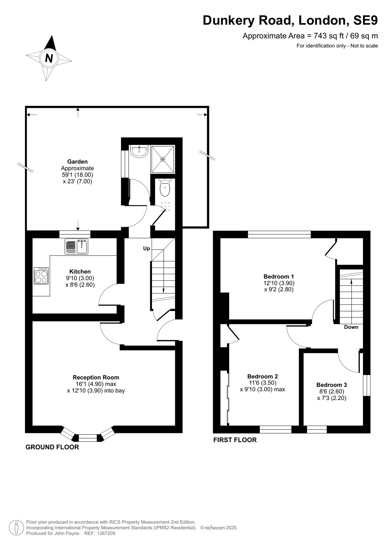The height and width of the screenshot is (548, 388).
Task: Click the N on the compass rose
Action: tap(49, 58)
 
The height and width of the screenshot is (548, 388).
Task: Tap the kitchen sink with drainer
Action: tap(77, 246)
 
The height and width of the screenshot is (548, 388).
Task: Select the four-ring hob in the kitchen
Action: tap(41, 276)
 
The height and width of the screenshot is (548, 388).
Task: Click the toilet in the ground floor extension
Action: tap(165, 187)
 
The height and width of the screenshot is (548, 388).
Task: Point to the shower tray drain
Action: tap(163, 159)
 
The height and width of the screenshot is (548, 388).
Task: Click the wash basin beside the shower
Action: tap(139, 151)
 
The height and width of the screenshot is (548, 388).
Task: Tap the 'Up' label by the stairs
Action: tap(146, 248)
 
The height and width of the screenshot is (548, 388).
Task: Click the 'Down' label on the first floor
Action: tap(351, 327)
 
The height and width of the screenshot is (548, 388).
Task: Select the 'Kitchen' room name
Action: tap(80, 271)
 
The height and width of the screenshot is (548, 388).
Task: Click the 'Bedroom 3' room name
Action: tap(332, 385)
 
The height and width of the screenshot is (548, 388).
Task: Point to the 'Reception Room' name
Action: tap(96, 377)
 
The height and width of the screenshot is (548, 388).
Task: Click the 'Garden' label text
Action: tap(78, 161)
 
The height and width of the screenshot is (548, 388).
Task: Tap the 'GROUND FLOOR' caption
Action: tap(52, 447)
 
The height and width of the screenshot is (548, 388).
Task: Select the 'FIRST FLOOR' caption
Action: tap(235, 440)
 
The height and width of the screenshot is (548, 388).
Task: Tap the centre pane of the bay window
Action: tap(88, 438)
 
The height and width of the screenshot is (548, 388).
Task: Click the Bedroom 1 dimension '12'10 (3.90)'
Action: tap(279, 283)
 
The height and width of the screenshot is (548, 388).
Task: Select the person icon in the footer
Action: tap(16, 528)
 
